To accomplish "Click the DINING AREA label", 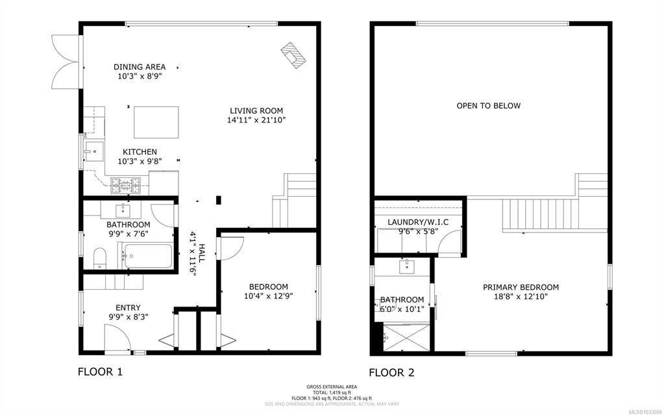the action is [x=140, y=67].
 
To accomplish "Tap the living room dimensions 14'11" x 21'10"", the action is [x=256, y=120].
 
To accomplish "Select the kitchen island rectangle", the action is [x=156, y=123].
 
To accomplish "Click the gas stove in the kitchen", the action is [x=125, y=185].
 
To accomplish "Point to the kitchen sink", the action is [x=94, y=151].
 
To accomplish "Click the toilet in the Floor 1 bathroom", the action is [x=99, y=258].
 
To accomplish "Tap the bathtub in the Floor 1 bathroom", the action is [x=147, y=256].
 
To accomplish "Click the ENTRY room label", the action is [x=128, y=308].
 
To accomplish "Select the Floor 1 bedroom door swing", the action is [x=232, y=248].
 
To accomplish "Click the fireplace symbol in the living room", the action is [x=293, y=55].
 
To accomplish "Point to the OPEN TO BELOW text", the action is [x=488, y=106].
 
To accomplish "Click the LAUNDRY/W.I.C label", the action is [x=418, y=222].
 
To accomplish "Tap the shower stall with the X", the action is [x=406, y=338].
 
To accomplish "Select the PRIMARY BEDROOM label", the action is [x=521, y=288].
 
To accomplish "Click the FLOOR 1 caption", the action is [x=100, y=371].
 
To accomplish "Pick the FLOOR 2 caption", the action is [x=391, y=373].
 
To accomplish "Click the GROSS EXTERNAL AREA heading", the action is [x=332, y=386].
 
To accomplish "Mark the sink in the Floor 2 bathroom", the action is [x=406, y=267].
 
